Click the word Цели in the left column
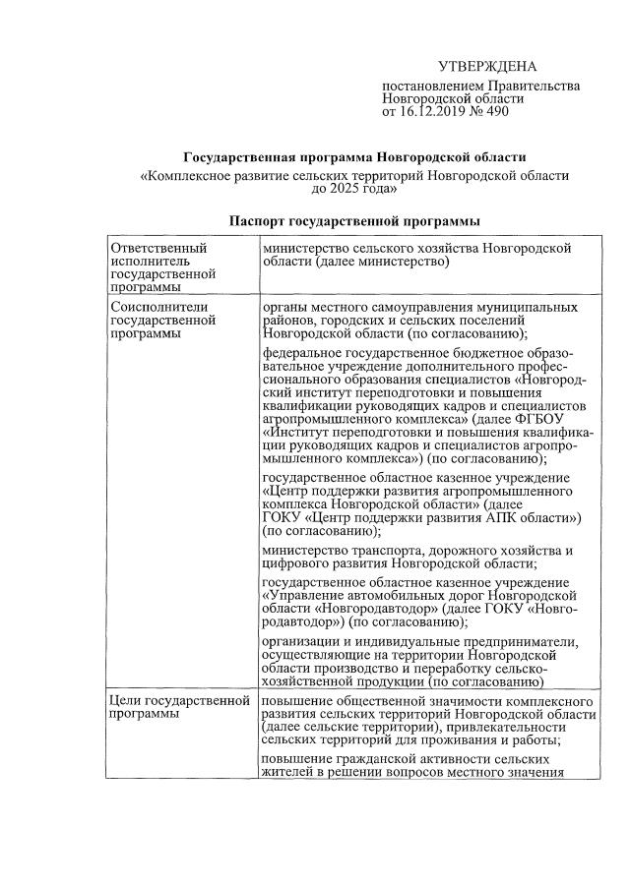click(x=129, y=700)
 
